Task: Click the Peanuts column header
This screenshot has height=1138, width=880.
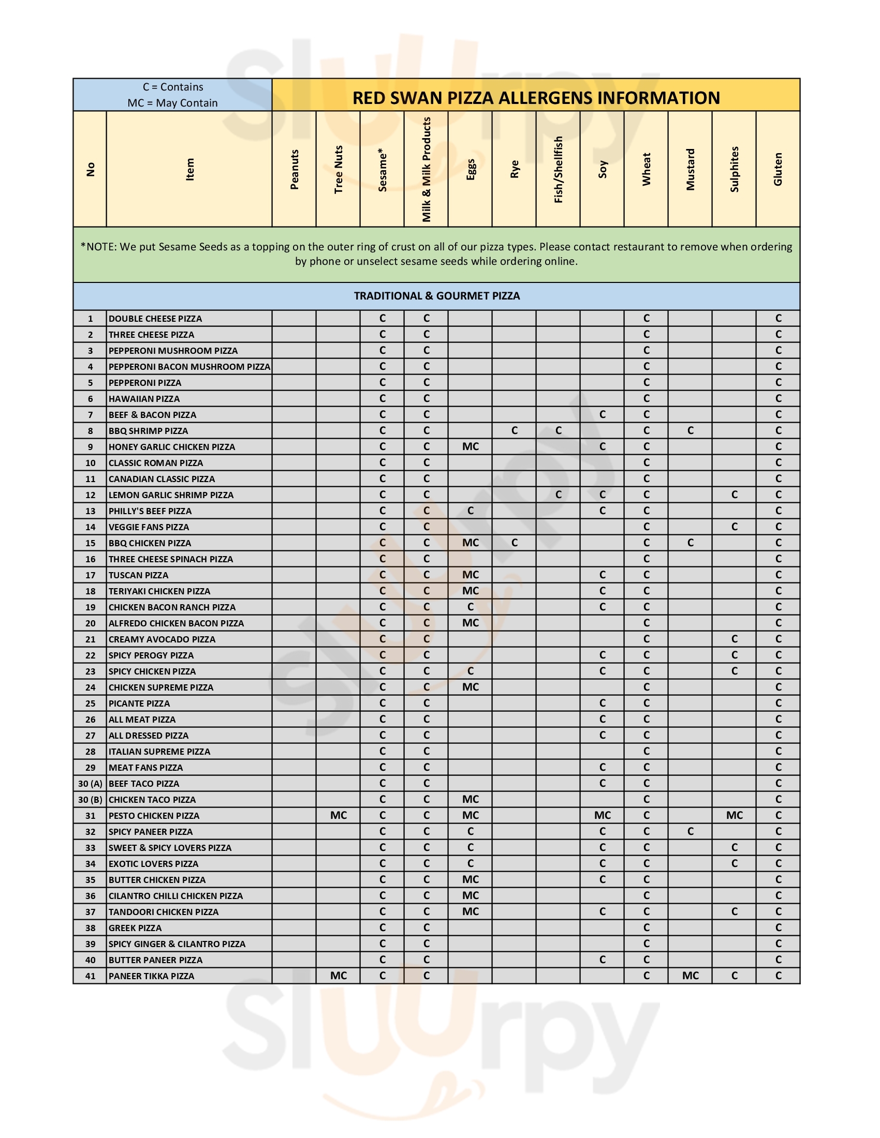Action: pyautogui.click(x=294, y=169)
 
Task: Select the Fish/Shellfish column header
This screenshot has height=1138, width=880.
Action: pyautogui.click(x=559, y=169)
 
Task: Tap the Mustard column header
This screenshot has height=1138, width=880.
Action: pyautogui.click(x=690, y=169)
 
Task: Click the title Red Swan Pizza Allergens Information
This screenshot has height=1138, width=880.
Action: pyautogui.click(x=536, y=97)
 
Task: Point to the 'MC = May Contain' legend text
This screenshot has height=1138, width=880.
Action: pyautogui.click(x=172, y=102)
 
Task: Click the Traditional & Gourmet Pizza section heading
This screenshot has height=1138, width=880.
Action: pyautogui.click(x=437, y=296)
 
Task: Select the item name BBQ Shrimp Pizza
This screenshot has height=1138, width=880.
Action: pyautogui.click(x=148, y=431)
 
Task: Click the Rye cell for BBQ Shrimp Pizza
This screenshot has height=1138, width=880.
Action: pyautogui.click(x=515, y=430)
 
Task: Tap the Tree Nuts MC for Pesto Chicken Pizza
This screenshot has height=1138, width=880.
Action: pyautogui.click(x=339, y=815)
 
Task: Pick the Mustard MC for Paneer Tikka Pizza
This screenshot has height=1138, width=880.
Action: pyautogui.click(x=690, y=976)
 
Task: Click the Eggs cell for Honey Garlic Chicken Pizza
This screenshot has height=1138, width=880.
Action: pyautogui.click(x=470, y=446)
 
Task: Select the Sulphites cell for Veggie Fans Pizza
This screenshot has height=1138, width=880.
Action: pyautogui.click(x=734, y=527)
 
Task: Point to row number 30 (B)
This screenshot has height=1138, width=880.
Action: pyautogui.click(x=90, y=800)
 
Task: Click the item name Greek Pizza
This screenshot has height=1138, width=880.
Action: pyautogui.click(x=135, y=928)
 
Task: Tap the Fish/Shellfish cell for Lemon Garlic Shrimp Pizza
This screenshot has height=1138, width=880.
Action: pyautogui.click(x=559, y=495)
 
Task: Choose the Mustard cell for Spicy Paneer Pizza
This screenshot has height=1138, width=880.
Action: pyautogui.click(x=690, y=832)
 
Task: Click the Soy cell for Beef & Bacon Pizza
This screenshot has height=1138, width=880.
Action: pyautogui.click(x=602, y=415)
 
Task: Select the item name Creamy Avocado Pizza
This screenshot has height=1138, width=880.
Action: pyautogui.click(x=162, y=639)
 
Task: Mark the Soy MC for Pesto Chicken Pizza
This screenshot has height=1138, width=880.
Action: pyautogui.click(x=602, y=815)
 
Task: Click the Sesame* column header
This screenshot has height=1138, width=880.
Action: pyautogui.click(x=382, y=169)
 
